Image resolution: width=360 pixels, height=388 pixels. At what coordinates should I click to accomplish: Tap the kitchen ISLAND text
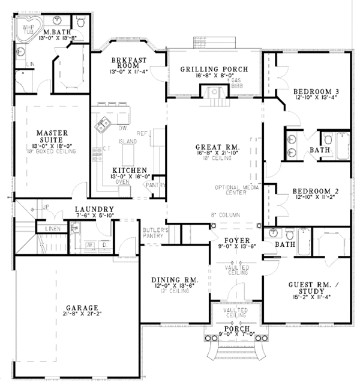[x=128, y=141]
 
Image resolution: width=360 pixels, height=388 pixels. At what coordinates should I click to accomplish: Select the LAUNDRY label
[x=95, y=210]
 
